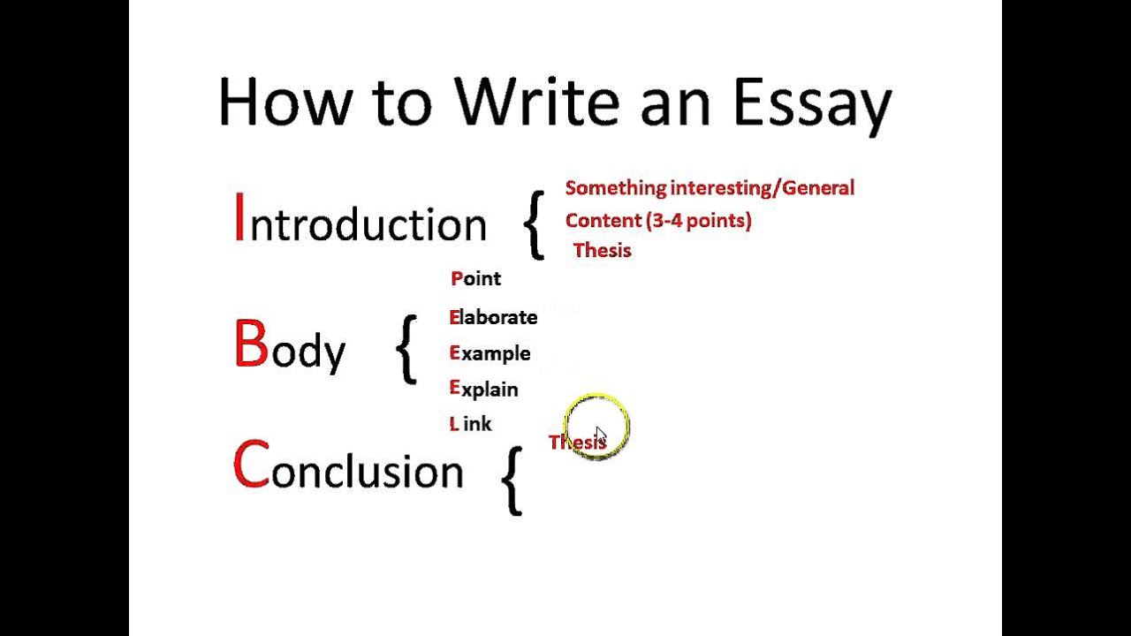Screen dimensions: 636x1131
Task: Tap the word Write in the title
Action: [x=537, y=102]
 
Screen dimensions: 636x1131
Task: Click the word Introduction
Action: [x=361, y=221]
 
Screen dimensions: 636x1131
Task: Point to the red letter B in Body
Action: [x=250, y=345]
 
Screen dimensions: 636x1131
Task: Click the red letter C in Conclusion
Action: [x=250, y=466]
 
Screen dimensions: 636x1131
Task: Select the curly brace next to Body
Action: [x=406, y=350]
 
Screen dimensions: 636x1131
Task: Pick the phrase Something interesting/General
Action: [x=710, y=188]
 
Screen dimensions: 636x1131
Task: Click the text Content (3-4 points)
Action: [x=658, y=221]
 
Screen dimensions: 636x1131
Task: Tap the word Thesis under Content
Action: [x=603, y=251]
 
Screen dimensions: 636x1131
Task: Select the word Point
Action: [x=475, y=279]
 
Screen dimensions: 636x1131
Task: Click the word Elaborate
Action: [x=493, y=317]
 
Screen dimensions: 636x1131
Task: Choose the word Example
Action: [x=490, y=353]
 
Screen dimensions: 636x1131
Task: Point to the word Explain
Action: [x=483, y=390]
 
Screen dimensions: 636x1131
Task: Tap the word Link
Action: [x=470, y=424]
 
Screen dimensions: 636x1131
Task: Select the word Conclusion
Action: [x=348, y=468]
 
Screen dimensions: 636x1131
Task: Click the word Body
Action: [x=290, y=347]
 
